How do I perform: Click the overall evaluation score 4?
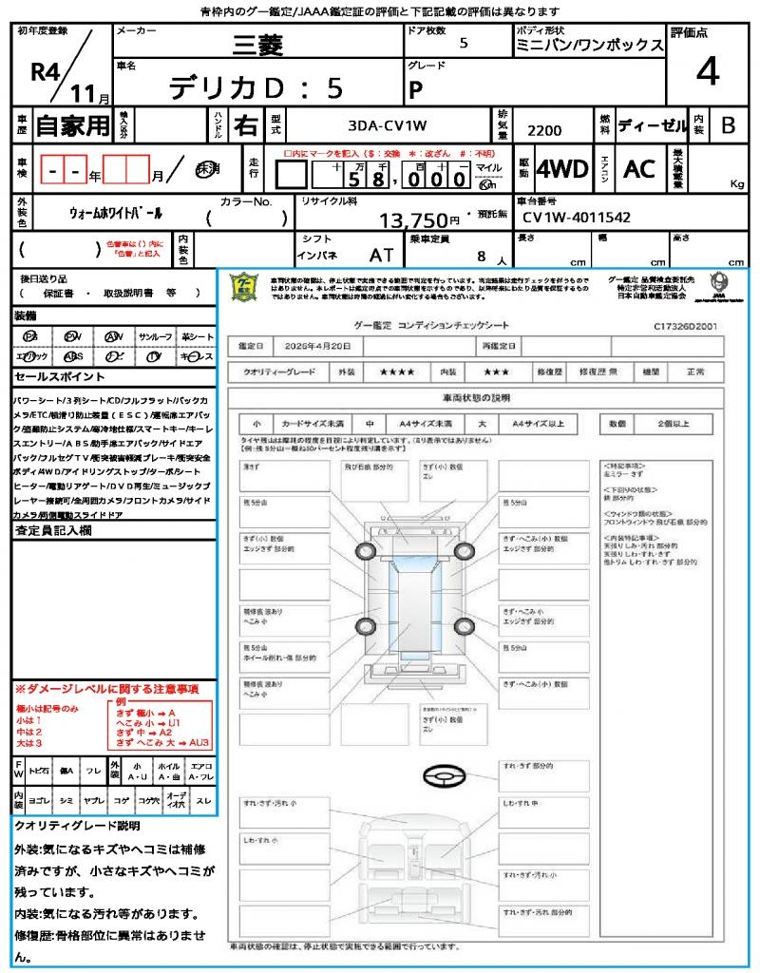point(707,72)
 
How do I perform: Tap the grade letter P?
point(415,89)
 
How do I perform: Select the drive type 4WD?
point(562,169)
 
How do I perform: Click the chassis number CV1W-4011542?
point(577,218)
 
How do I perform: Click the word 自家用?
point(73,125)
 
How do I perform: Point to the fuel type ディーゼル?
point(651,125)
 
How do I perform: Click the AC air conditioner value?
point(639,169)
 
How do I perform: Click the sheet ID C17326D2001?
point(684,325)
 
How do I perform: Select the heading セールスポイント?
point(51,376)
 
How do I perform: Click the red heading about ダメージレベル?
point(105,688)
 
